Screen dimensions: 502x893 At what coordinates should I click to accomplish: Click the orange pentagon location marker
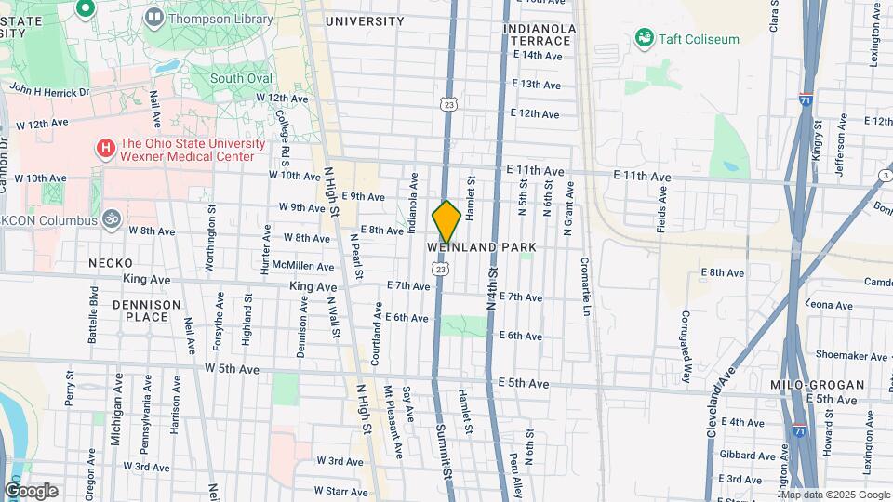[x=446, y=222]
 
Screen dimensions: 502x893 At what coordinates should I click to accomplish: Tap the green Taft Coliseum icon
[x=642, y=38]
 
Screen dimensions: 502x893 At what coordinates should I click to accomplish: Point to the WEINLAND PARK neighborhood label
[x=482, y=247]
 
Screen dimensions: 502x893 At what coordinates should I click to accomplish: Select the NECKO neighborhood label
[x=111, y=263]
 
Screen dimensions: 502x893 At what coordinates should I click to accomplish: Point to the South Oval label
[x=239, y=79]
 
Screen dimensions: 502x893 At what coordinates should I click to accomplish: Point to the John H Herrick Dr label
[x=48, y=91]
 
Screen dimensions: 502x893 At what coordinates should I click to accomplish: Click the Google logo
[x=32, y=491]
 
